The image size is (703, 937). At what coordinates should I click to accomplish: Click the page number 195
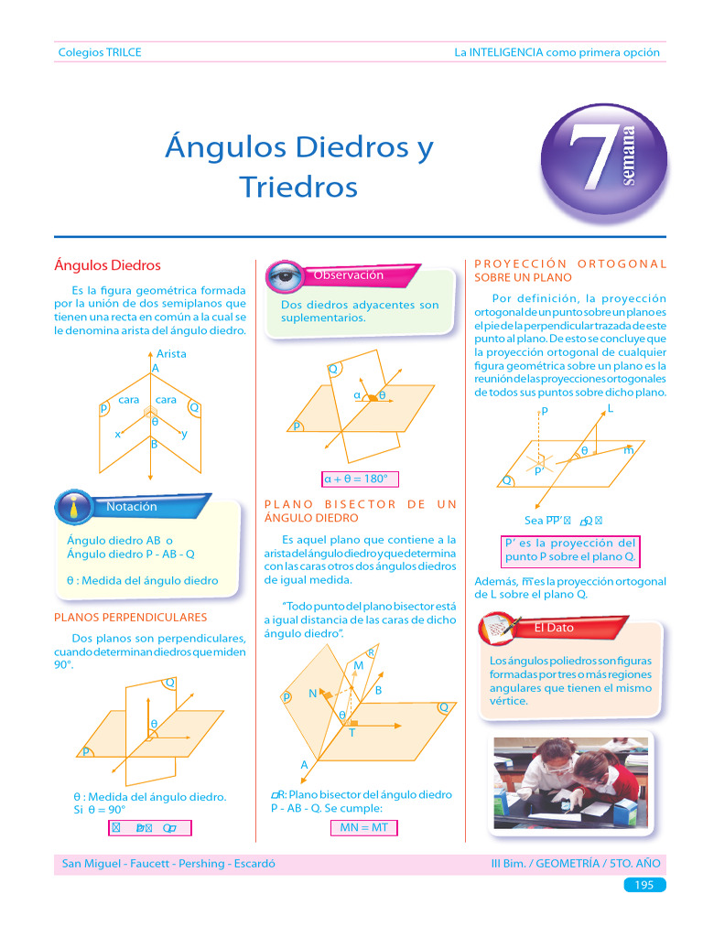tap(644, 885)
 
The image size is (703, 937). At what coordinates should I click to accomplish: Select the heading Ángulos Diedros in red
tap(107, 265)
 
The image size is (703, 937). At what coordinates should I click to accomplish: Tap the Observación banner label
tap(349, 275)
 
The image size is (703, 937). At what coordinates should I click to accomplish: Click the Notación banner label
tap(132, 506)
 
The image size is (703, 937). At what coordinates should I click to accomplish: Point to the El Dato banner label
tap(554, 628)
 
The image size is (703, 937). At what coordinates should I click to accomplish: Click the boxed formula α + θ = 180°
tap(361, 479)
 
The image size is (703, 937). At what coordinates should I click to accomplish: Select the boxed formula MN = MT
tap(363, 827)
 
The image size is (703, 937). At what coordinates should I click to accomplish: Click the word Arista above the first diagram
tap(171, 353)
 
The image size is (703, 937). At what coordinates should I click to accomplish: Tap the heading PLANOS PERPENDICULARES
tap(130, 617)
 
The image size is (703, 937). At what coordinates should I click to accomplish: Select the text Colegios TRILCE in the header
tap(100, 52)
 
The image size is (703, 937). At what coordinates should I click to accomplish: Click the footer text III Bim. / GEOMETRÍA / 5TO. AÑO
tap(575, 864)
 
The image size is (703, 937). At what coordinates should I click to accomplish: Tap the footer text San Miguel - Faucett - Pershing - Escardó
tap(168, 864)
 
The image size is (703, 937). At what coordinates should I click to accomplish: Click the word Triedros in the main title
tap(298, 187)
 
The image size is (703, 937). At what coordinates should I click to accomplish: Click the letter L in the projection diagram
tap(611, 409)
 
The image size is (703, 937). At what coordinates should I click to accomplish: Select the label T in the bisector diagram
tap(351, 734)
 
